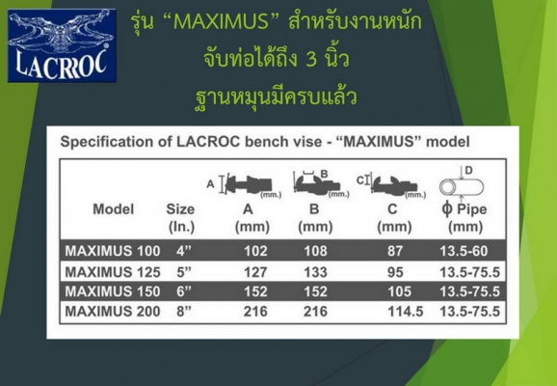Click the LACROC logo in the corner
[x=62, y=45]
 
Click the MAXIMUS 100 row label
[x=112, y=249]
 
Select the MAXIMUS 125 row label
[x=113, y=271]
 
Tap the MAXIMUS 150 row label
[x=113, y=291]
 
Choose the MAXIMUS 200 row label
[x=113, y=313]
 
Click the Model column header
[x=113, y=208]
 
